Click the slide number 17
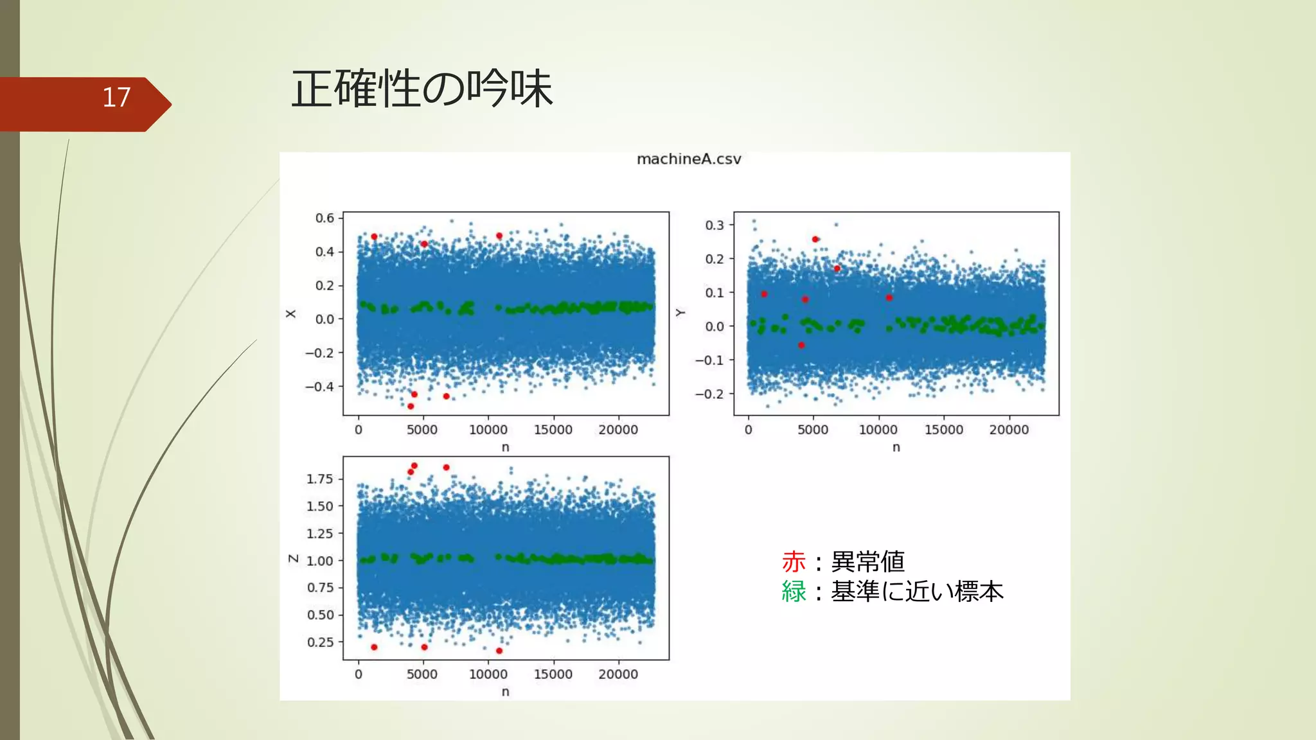point(116,98)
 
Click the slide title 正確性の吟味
point(422,89)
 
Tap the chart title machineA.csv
point(689,159)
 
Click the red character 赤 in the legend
point(794,562)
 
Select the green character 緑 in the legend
point(794,592)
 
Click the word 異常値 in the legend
point(867,562)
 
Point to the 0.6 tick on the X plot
point(325,218)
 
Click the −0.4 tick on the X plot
point(319,387)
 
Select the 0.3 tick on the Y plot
point(715,225)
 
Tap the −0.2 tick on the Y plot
point(709,394)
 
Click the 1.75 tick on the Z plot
point(319,479)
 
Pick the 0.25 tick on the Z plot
point(320,642)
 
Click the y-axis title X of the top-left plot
point(291,313)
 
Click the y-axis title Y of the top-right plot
point(680,313)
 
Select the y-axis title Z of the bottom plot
point(293,559)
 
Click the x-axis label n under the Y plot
point(896,447)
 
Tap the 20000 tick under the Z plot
point(618,674)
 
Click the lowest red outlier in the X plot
point(411,406)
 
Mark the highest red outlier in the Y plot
point(815,239)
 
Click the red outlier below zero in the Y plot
point(801,345)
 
